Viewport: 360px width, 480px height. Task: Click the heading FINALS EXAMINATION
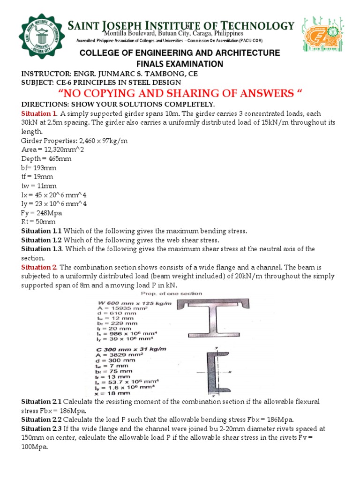pos(180,64)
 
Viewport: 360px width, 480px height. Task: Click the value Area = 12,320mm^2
pos(52,150)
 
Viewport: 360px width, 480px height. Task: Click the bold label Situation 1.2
pos(42,240)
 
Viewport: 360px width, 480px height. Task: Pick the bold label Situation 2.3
pos(42,429)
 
